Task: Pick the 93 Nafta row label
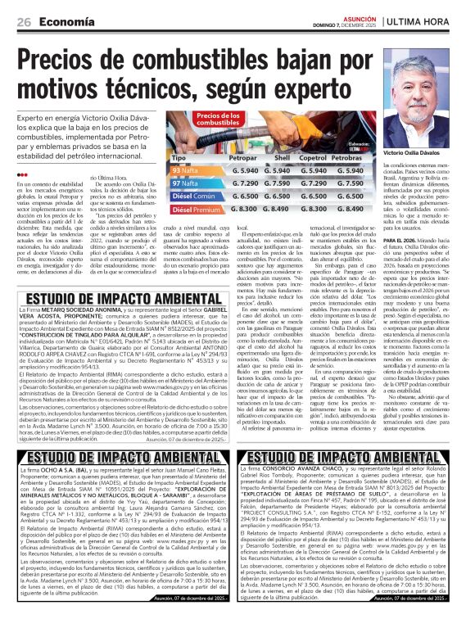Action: (186, 169)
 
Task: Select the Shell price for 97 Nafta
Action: (281, 183)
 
